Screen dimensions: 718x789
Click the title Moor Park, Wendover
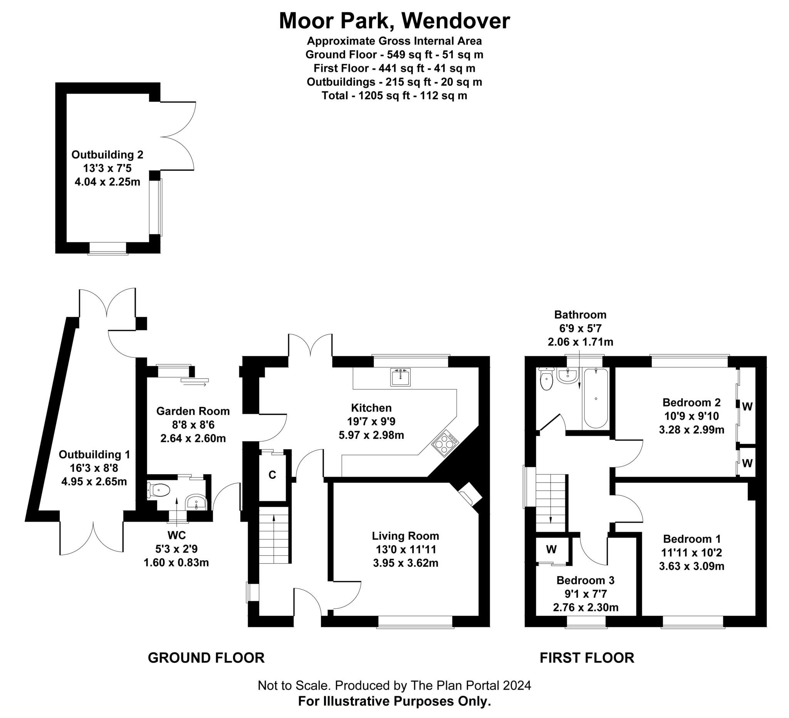(394, 21)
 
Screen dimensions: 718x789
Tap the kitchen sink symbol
(400, 378)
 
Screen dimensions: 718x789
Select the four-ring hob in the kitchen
(445, 443)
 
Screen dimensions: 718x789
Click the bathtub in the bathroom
(596, 398)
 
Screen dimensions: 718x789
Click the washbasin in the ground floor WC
(196, 502)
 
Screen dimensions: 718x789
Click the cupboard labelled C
(272, 475)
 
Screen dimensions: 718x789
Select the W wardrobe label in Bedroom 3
(551, 549)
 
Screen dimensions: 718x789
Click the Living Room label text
(405, 536)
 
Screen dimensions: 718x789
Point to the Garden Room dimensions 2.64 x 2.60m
(193, 438)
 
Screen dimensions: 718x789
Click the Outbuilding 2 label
(107, 155)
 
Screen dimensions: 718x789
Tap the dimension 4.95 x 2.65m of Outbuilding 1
(94, 481)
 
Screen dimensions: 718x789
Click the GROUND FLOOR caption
(206, 658)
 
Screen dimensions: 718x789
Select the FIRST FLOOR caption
(587, 658)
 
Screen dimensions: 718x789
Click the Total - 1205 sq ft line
(394, 96)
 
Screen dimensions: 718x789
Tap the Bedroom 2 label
(691, 402)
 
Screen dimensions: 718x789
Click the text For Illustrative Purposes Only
(394, 701)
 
